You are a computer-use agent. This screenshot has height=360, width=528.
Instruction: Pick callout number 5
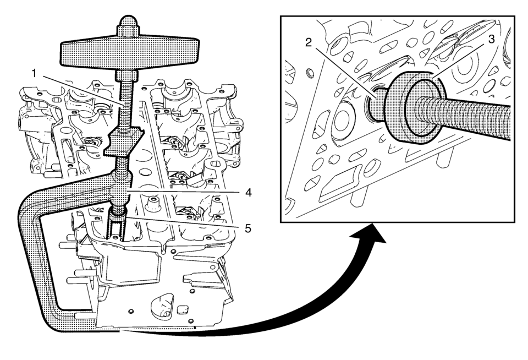pyautogui.click(x=248, y=226)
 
